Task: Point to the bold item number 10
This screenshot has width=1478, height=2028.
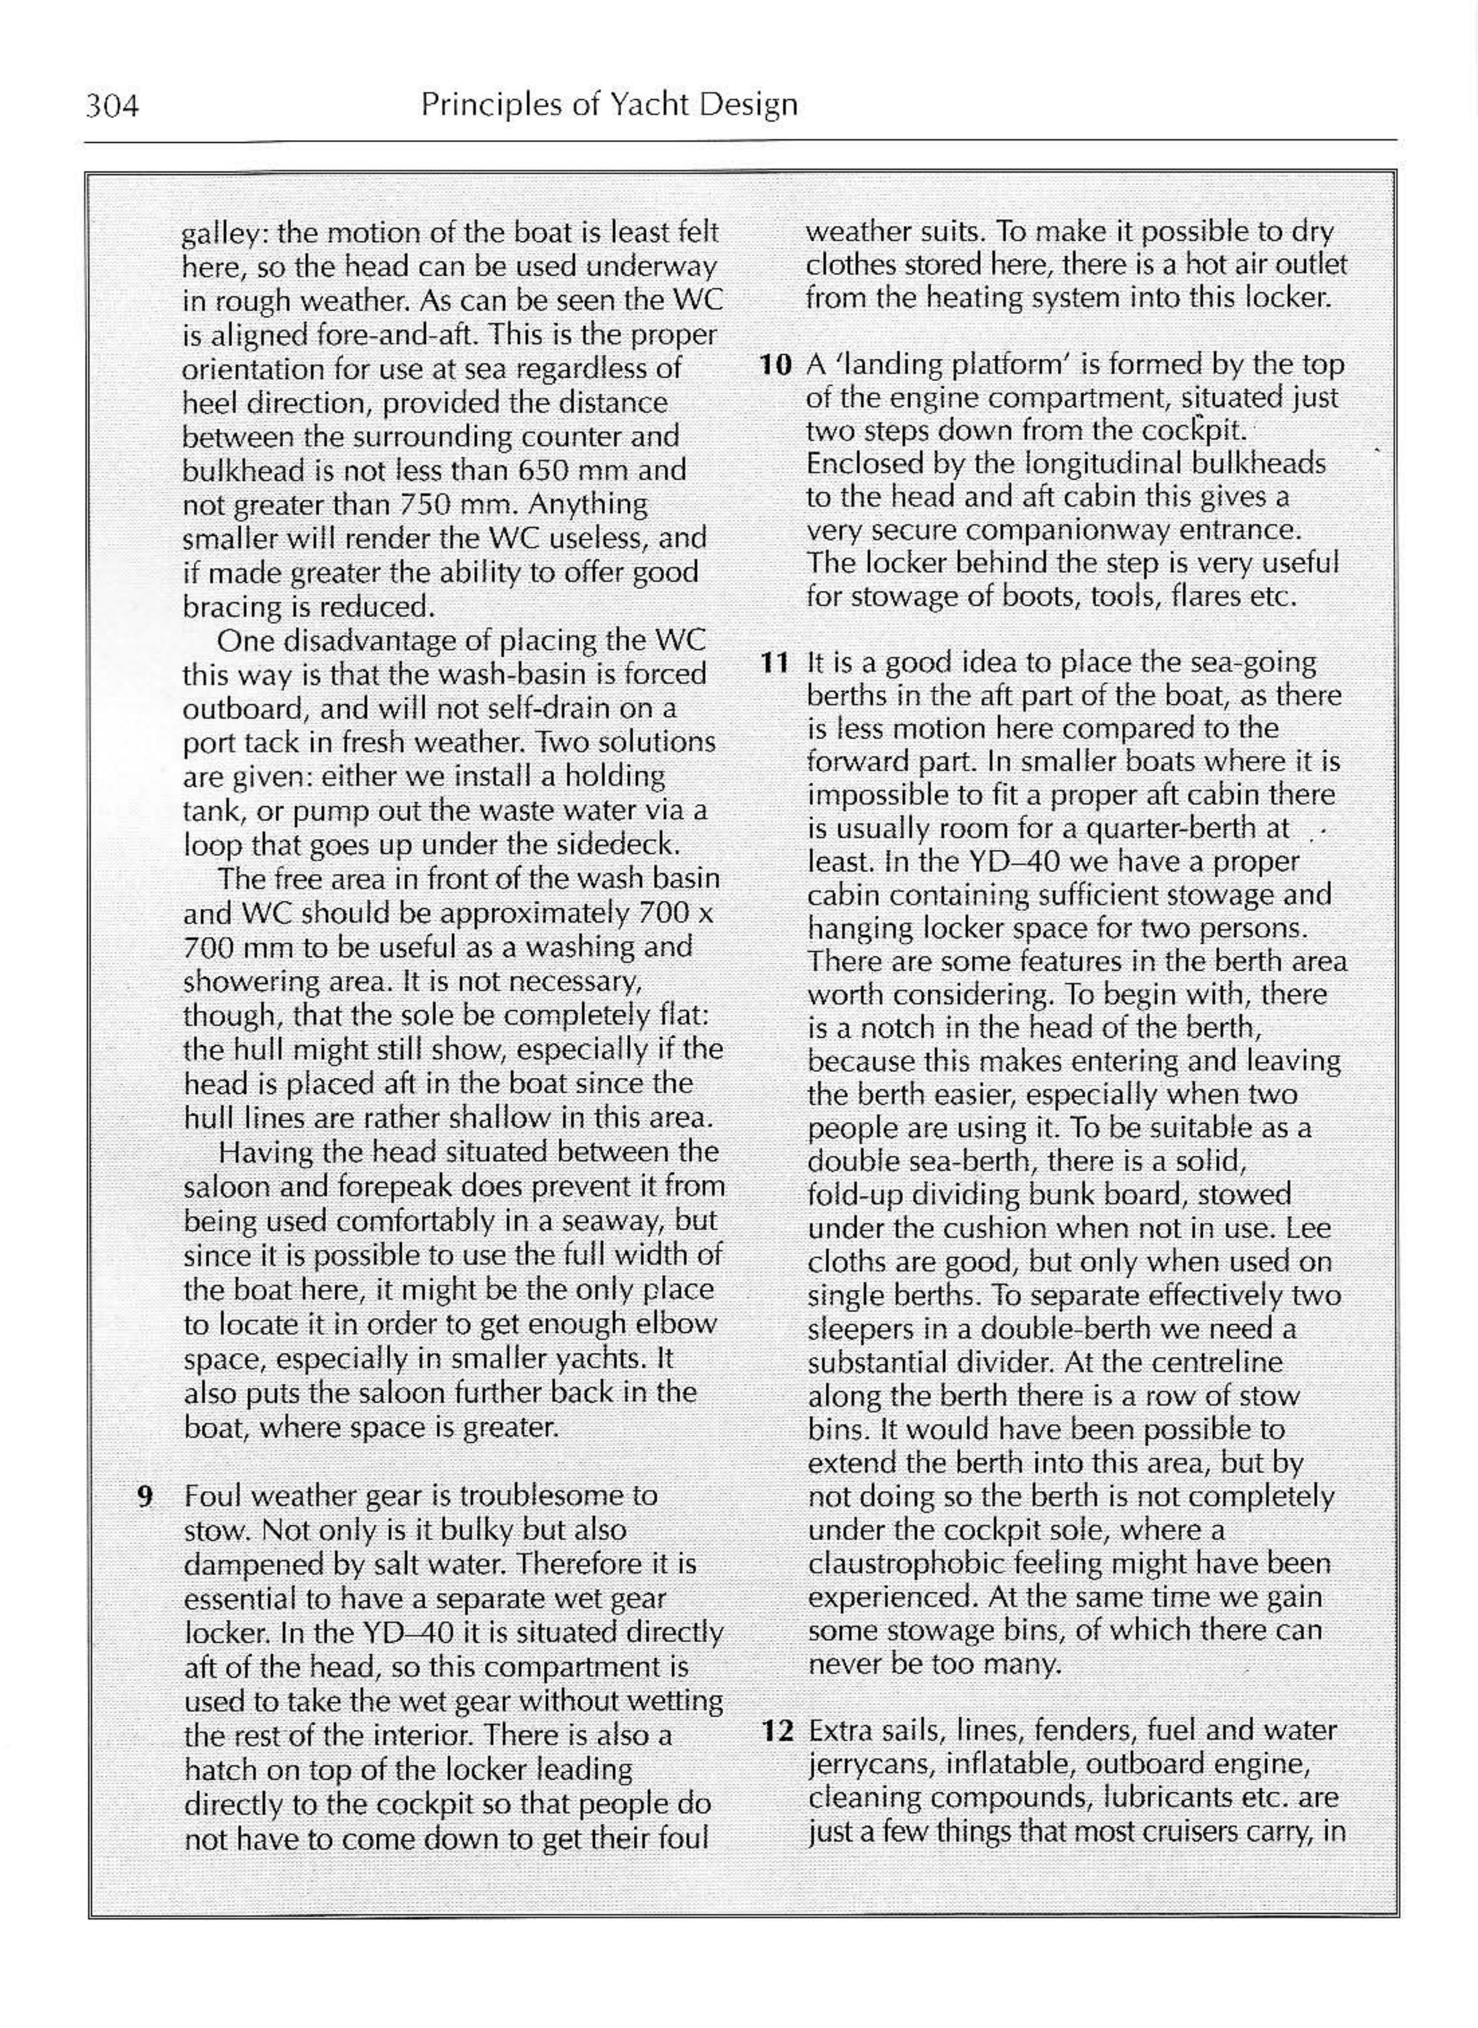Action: pos(776,365)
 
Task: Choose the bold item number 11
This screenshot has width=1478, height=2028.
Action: pos(776,663)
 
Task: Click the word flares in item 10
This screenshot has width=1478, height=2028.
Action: pos(1201,597)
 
